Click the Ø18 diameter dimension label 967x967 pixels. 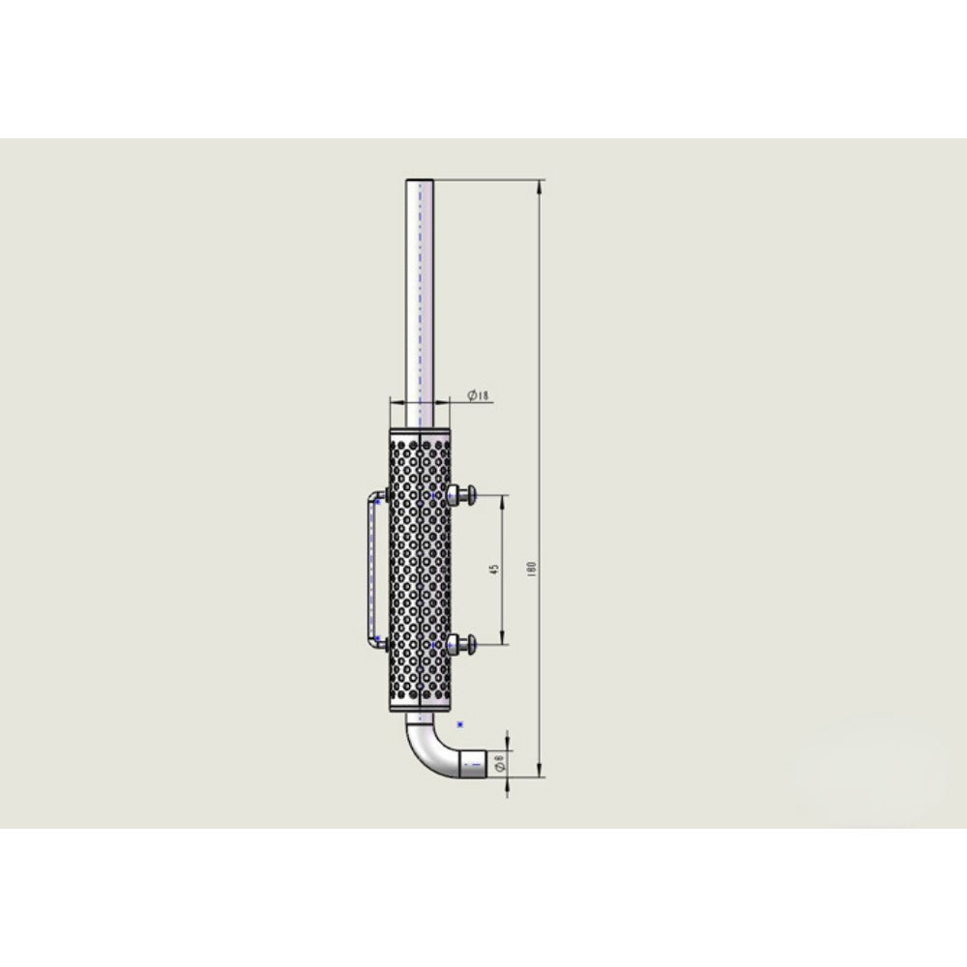478,396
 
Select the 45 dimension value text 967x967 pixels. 494,570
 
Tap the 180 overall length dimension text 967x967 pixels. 533,569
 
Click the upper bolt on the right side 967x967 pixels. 462,494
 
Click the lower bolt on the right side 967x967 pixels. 462,644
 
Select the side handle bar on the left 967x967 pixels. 371,570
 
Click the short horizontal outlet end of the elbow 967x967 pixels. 474,765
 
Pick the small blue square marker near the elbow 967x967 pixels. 459,724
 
